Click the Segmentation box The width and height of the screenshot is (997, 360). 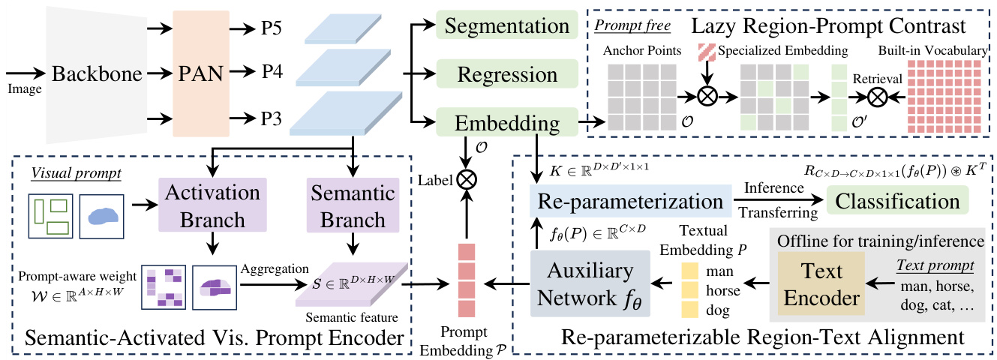[497, 27]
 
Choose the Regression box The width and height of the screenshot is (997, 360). [497, 74]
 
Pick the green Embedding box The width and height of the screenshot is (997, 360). [497, 122]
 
